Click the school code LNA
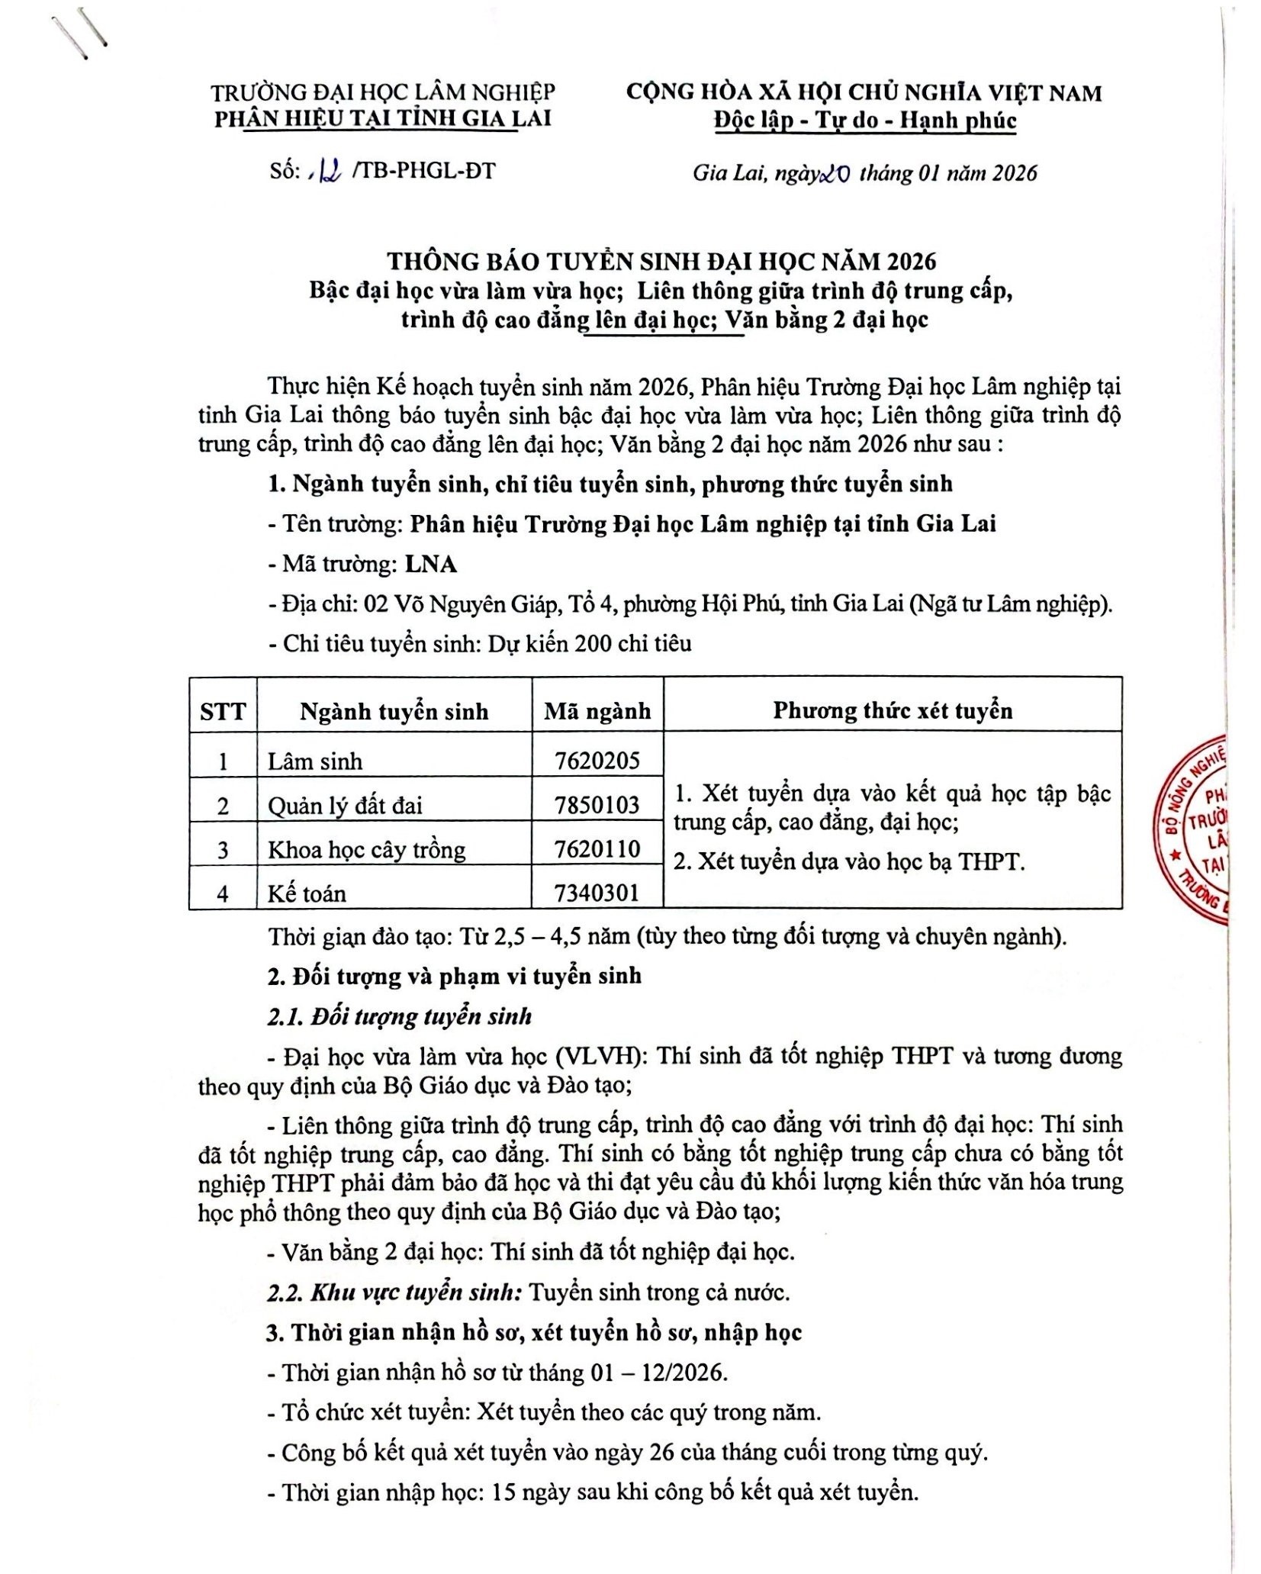tap(430, 564)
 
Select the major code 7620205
tap(597, 760)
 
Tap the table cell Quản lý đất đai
tap(344, 805)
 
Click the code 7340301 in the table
tap(597, 892)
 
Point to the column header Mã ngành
tap(597, 711)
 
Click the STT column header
tap(223, 712)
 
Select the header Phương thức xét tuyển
tap(892, 710)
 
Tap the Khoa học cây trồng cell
tap(366, 849)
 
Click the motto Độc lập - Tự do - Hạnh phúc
tap(864, 121)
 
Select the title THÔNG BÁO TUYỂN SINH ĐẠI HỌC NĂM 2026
tap(661, 261)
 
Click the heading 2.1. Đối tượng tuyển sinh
tap(399, 1016)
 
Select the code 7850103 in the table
tap(597, 804)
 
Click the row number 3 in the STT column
tap(223, 849)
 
